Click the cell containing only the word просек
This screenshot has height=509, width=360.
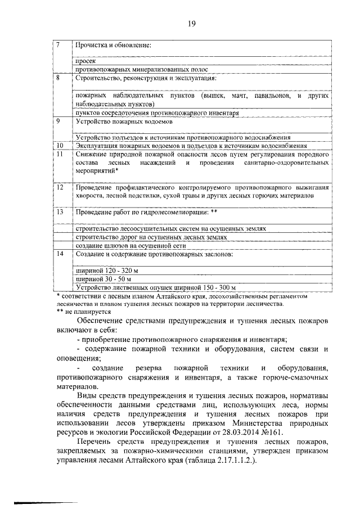click(83, 61)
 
